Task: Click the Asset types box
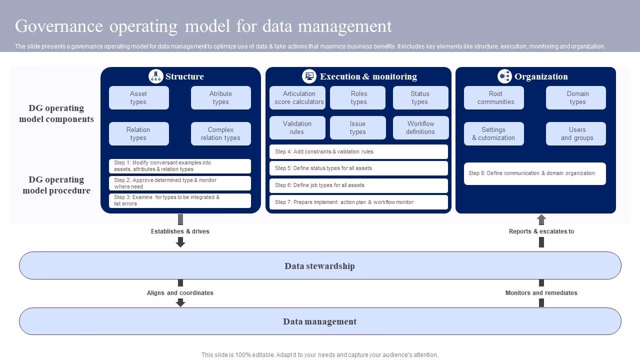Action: pos(138,97)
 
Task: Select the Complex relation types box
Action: pos(220,133)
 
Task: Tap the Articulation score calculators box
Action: pos(297,97)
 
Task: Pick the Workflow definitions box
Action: pos(420,127)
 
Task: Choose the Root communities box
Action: pos(493,97)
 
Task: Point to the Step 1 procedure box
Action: pos(179,166)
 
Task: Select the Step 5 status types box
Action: pos(358,168)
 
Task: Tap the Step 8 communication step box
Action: pos(534,173)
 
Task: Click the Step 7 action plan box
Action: pos(358,202)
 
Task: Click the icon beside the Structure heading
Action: pos(156,76)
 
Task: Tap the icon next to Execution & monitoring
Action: pos(309,76)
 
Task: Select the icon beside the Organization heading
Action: pos(504,76)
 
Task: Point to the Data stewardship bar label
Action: pos(320,266)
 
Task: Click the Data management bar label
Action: pos(320,321)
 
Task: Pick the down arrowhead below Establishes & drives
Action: pos(180,242)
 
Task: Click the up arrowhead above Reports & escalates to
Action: pos(541,219)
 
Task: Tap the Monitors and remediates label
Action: pos(541,293)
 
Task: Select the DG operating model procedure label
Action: pos(56,185)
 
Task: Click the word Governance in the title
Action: pos(59,26)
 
